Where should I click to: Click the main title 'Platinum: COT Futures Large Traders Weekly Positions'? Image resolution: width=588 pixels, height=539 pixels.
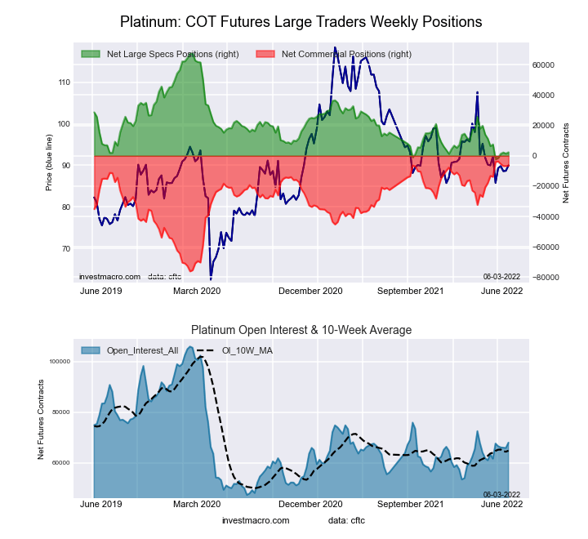pyautogui.click(x=301, y=21)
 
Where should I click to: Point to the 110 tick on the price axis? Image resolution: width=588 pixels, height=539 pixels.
pyautogui.click(x=63, y=82)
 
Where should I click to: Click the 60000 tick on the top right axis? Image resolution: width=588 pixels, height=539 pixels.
pyautogui.click(x=543, y=65)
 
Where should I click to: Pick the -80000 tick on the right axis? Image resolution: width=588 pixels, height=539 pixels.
pyautogui.click(x=543, y=278)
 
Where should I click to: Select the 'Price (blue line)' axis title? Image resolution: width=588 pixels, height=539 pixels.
pyautogui.click(x=50, y=165)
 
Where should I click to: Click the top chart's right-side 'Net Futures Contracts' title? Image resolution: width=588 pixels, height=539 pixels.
pyautogui.click(x=566, y=163)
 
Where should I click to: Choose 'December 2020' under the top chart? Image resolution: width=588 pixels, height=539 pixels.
pyautogui.click(x=311, y=291)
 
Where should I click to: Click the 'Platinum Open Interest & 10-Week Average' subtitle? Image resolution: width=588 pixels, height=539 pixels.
pyautogui.click(x=301, y=330)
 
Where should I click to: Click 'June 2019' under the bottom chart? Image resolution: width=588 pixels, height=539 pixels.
pyautogui.click(x=102, y=505)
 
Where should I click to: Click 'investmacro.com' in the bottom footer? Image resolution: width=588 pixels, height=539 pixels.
pyautogui.click(x=256, y=520)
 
